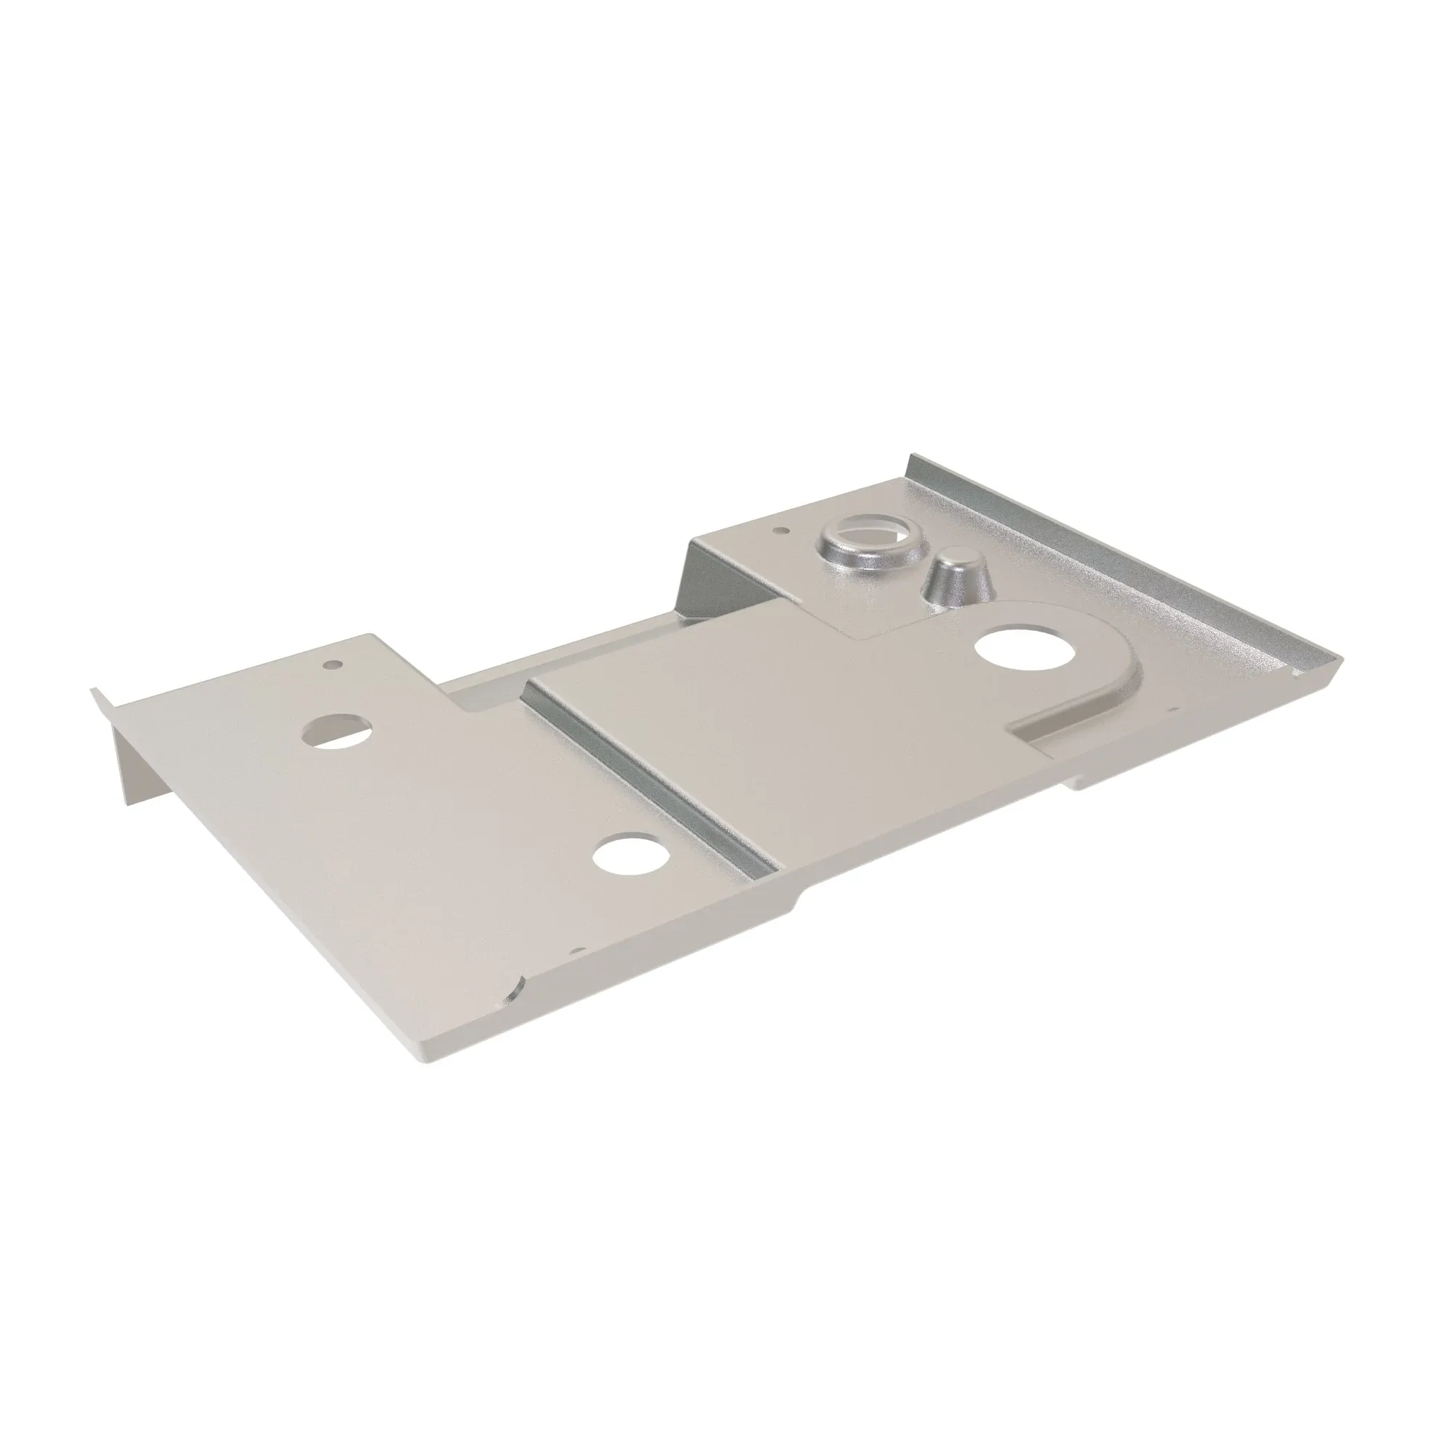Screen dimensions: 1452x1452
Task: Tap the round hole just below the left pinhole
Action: click(x=338, y=730)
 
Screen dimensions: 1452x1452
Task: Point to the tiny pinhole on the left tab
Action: click(x=330, y=665)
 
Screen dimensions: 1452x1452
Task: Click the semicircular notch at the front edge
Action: click(x=514, y=995)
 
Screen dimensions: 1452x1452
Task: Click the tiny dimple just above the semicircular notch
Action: click(x=577, y=951)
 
